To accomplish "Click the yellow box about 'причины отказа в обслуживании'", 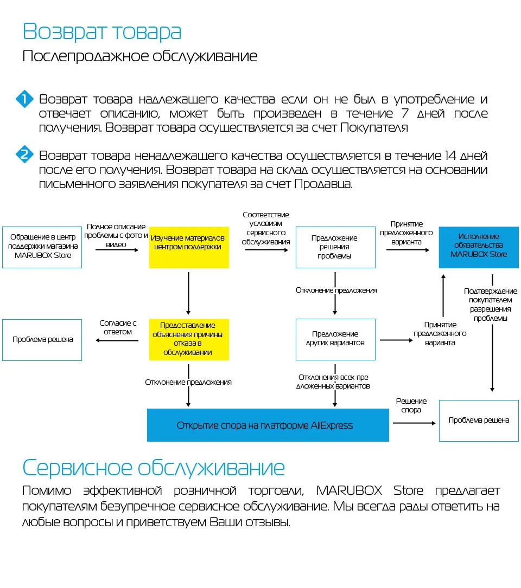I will pos(189,340).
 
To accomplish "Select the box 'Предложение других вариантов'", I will pos(335,340).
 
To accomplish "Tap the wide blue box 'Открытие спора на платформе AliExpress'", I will pos(268,425).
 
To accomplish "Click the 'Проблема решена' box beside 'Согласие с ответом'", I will pos(42,340).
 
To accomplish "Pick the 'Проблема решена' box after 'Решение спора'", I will pos(479,421).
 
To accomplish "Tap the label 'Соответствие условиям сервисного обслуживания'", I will pos(265,228).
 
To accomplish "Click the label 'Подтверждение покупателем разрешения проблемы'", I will pos(491,305).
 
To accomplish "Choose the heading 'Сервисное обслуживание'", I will pos(154,467).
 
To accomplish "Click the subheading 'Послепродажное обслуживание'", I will pos(140,56).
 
